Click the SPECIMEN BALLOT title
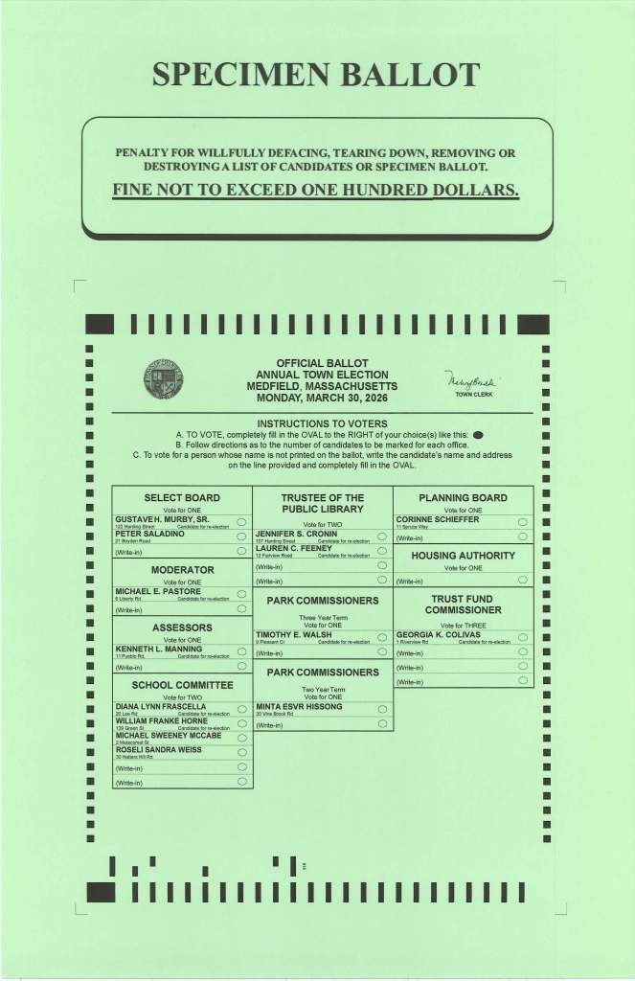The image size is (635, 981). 316,75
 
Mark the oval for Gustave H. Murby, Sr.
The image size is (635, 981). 241,522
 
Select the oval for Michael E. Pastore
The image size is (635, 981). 241,595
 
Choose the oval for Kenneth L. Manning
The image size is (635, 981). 241,652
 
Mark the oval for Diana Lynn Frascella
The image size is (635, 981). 241,710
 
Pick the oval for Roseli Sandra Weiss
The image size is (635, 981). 241,752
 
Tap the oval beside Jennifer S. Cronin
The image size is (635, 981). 381,536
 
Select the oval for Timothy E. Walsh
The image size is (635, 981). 381,638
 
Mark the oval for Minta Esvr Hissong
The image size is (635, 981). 381,710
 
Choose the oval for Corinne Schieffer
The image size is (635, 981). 522,522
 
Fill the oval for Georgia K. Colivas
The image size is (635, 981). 522,637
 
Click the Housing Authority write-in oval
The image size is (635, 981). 522,580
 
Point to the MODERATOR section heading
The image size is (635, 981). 182,570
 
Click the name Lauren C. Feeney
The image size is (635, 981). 294,548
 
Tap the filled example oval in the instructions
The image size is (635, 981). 478,434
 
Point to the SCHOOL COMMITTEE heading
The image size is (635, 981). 182,685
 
